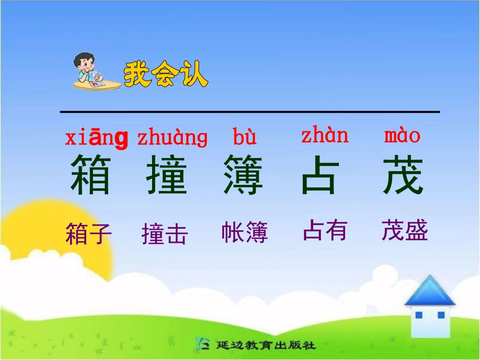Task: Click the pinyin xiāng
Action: pyautogui.click(x=96, y=138)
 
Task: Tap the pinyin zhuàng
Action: pyautogui.click(x=172, y=137)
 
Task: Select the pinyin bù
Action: pyautogui.click(x=245, y=137)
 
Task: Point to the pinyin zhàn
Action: pyautogui.click(x=325, y=135)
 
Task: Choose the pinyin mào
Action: pyautogui.click(x=402, y=135)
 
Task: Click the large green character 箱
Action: pyautogui.click(x=90, y=175)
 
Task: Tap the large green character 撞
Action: pyautogui.click(x=167, y=175)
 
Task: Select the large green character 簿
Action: pyautogui.click(x=244, y=175)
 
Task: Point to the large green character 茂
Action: pyautogui.click(x=403, y=175)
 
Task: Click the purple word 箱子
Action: pyautogui.click(x=88, y=234)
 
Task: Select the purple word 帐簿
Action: pyautogui.click(x=245, y=233)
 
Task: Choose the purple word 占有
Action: pyautogui.click(x=325, y=231)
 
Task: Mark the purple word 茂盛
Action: pyautogui.click(x=405, y=231)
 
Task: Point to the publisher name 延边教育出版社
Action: pyautogui.click(x=265, y=346)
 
